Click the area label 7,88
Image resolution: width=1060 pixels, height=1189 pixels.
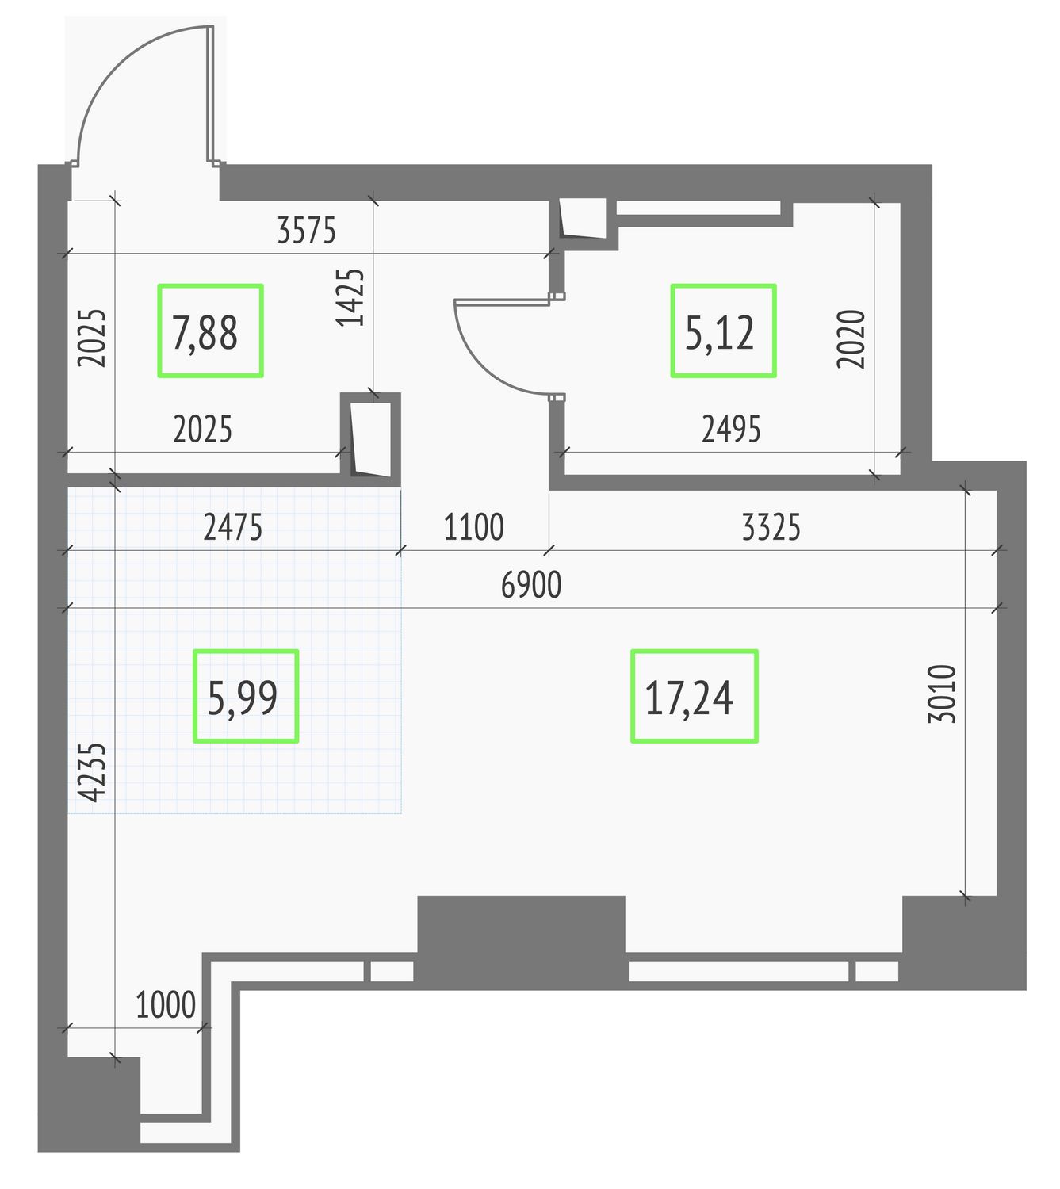pyautogui.click(x=205, y=333)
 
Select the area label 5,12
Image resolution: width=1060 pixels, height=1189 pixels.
pyautogui.click(x=720, y=333)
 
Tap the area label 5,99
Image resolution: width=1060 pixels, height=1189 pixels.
pyautogui.click(x=243, y=698)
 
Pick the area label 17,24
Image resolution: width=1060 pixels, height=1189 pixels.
pyautogui.click(x=689, y=698)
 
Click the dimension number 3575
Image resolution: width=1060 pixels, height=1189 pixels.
pyautogui.click(x=306, y=230)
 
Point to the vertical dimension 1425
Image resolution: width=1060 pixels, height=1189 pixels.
pyautogui.click(x=350, y=297)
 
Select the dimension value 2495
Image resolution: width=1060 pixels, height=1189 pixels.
pyautogui.click(x=731, y=429)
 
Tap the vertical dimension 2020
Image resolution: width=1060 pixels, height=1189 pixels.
pyautogui.click(x=851, y=339)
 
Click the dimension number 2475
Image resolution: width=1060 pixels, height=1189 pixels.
pyautogui.click(x=233, y=527)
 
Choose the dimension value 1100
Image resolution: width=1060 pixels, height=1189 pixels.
pyautogui.click(x=473, y=527)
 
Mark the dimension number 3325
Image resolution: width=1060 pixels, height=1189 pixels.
pyautogui.click(x=771, y=527)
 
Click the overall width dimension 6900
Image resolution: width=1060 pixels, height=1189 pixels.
pyautogui.click(x=531, y=585)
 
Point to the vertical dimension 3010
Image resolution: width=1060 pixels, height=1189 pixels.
pyautogui.click(x=942, y=694)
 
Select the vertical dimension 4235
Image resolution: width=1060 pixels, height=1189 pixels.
pyautogui.click(x=92, y=772)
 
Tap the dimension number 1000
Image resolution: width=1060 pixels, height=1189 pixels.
pyautogui.click(x=166, y=1004)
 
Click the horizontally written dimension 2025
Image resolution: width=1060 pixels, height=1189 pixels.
pyautogui.click(x=202, y=429)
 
